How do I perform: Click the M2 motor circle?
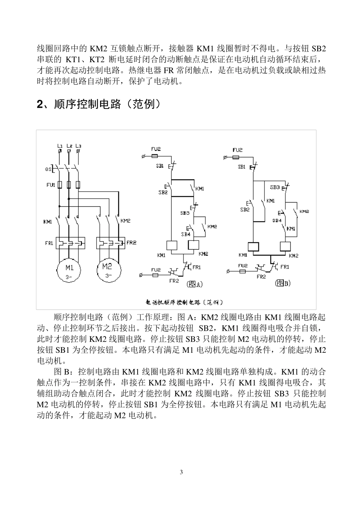[108, 270]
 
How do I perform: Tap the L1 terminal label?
[59, 145]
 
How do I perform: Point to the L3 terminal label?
[78, 145]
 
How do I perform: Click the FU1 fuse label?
[50, 185]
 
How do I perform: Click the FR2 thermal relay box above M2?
[110, 242]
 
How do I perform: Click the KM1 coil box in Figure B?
[253, 247]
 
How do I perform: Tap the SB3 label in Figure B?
[275, 187]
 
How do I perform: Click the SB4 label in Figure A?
[185, 234]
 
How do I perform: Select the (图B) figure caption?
[283, 283]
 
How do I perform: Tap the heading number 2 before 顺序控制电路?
[39, 104]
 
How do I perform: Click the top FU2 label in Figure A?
[156, 149]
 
